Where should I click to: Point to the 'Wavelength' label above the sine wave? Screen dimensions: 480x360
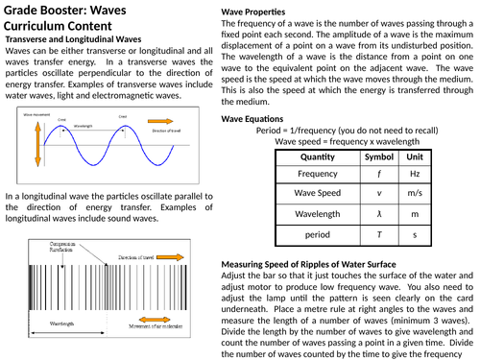pos(83,126)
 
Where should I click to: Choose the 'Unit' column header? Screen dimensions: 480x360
pos(415,156)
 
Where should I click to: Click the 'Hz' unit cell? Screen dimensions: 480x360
pos(415,175)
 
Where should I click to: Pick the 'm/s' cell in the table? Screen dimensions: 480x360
pos(415,194)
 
